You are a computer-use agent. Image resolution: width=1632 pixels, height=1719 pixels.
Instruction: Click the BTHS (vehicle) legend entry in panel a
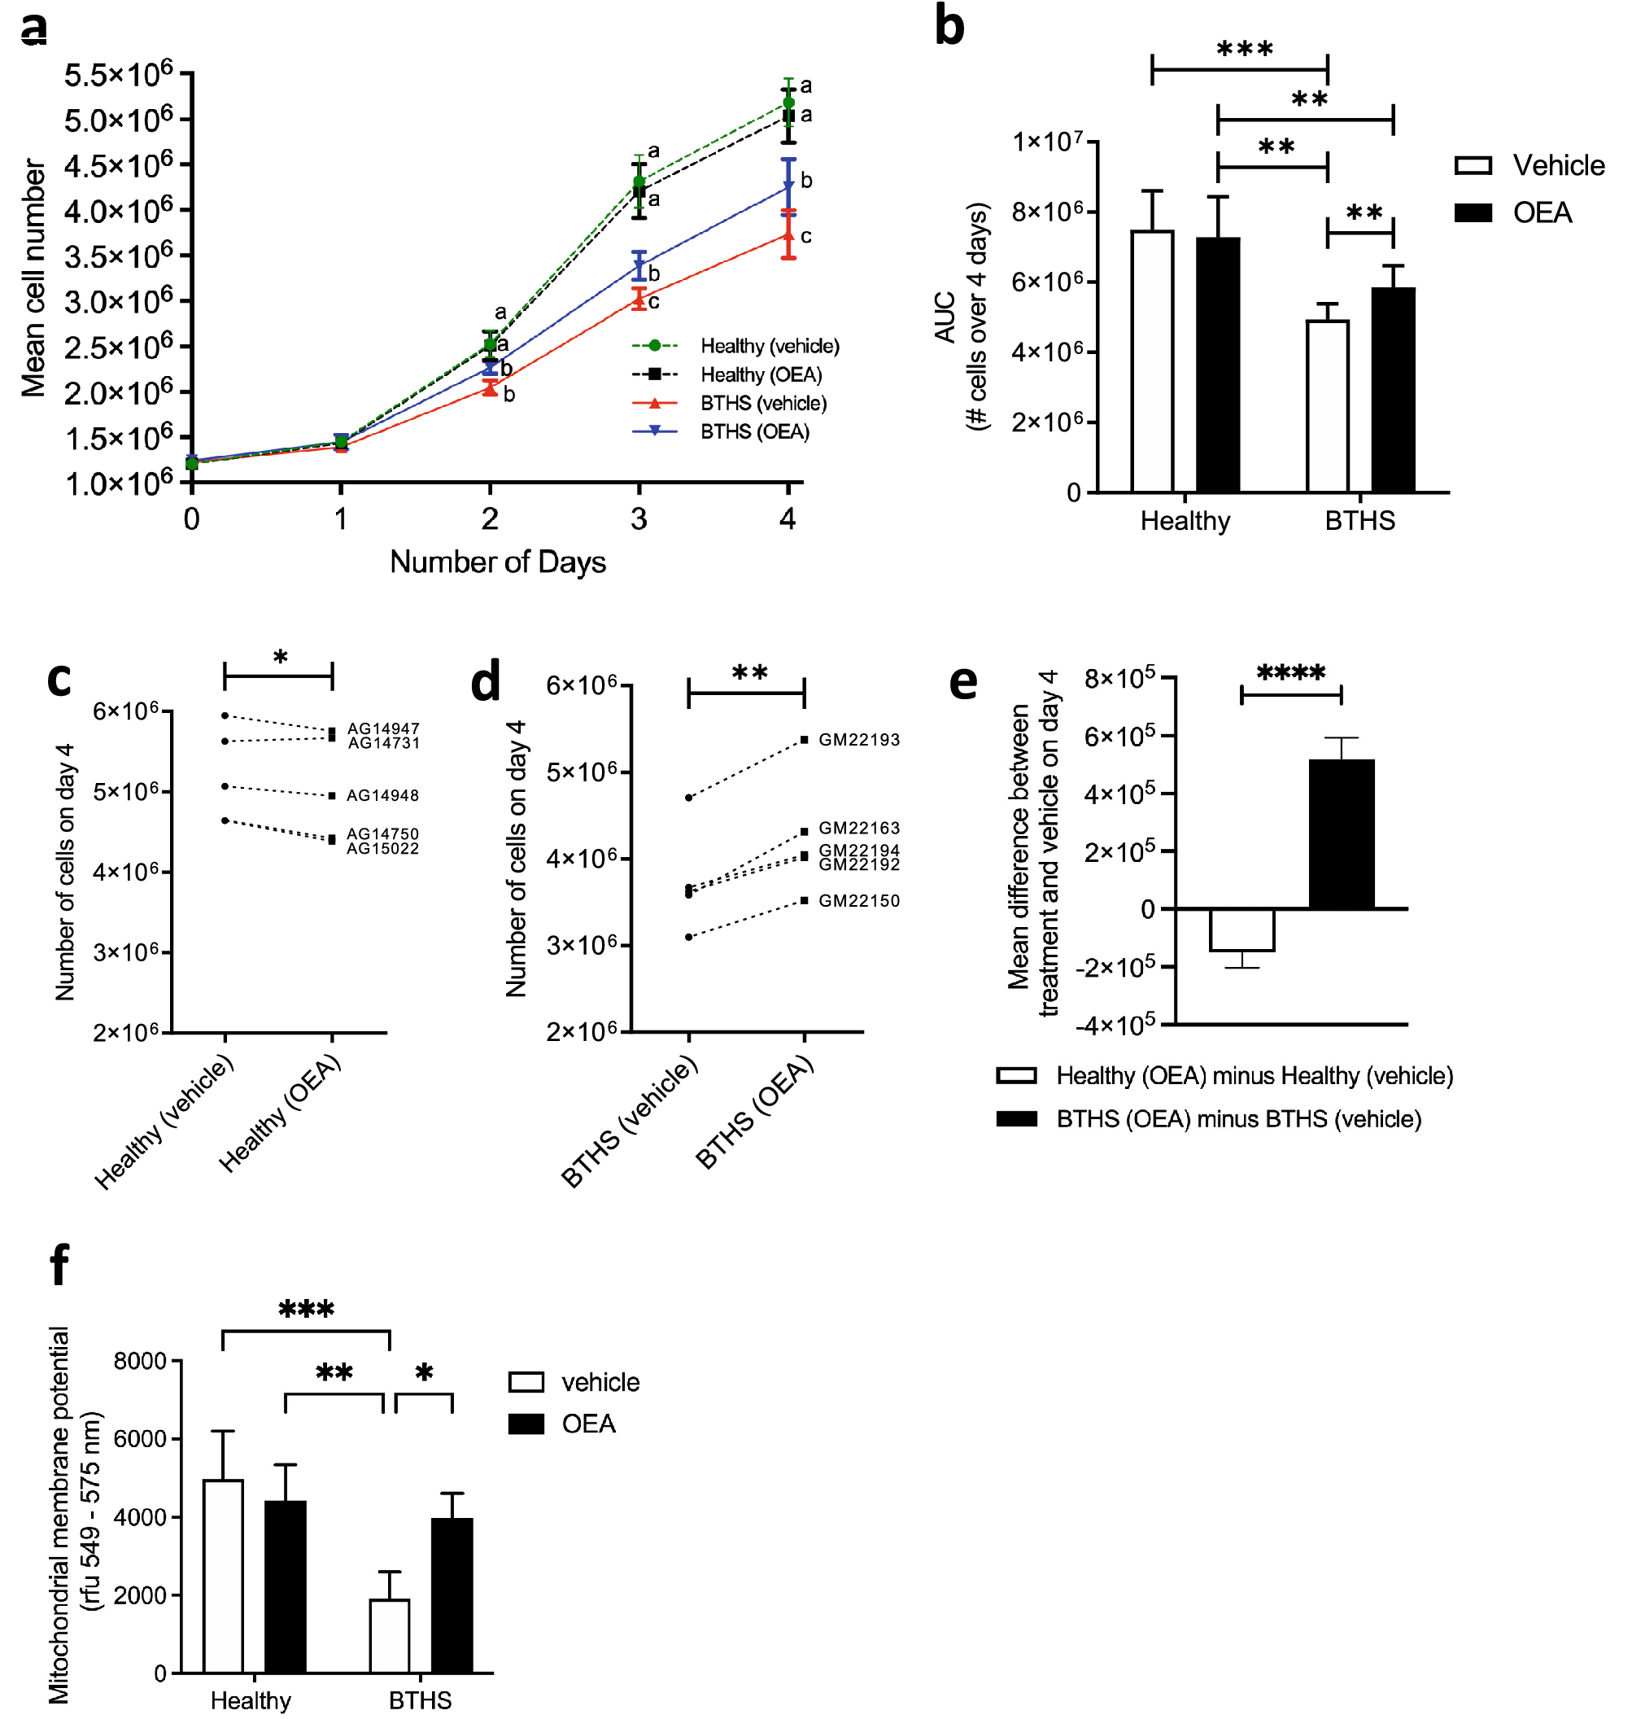pyautogui.click(x=763, y=403)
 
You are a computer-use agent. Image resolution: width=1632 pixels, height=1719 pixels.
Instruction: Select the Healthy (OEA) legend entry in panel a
pyautogui.click(x=761, y=374)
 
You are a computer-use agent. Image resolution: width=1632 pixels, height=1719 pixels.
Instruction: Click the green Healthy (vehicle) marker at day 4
pyautogui.click(x=788, y=103)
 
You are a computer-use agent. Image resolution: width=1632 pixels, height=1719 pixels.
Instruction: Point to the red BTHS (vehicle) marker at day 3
pyautogui.click(x=639, y=300)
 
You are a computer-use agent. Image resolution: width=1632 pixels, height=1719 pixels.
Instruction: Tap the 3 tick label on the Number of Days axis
pyautogui.click(x=639, y=519)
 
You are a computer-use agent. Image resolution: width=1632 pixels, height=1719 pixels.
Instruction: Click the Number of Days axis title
pyautogui.click(x=498, y=562)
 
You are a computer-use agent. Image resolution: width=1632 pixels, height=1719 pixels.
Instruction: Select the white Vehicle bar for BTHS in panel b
pyautogui.click(x=1328, y=406)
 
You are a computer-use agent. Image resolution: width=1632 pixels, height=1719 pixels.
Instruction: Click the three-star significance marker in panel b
pyautogui.click(x=1244, y=50)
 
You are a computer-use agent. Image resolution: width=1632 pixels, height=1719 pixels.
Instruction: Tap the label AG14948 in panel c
pyautogui.click(x=382, y=795)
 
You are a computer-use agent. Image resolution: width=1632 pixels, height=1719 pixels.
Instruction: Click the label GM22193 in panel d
pyautogui.click(x=858, y=740)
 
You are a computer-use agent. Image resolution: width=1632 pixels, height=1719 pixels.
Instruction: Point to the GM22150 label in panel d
pyautogui.click(x=858, y=901)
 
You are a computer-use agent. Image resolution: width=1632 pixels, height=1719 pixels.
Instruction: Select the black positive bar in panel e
pyautogui.click(x=1342, y=833)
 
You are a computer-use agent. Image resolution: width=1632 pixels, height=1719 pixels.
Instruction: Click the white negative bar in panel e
pyautogui.click(x=1241, y=929)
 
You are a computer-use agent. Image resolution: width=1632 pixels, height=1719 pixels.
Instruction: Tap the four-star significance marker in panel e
pyautogui.click(x=1291, y=672)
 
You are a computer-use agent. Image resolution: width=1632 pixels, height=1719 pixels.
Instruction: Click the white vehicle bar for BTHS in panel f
pyautogui.click(x=390, y=1635)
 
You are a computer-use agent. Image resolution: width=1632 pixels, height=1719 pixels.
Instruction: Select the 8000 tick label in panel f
pyautogui.click(x=140, y=1361)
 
